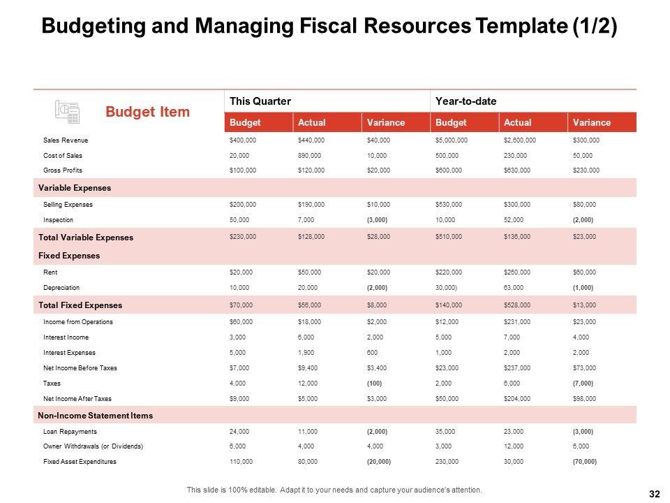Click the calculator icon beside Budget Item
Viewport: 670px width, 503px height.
(x=67, y=111)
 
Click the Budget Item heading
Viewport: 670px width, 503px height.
(x=147, y=112)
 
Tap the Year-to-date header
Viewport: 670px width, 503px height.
(x=466, y=101)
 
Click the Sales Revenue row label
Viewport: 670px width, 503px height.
(x=65, y=140)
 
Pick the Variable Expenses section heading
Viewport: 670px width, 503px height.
(x=75, y=188)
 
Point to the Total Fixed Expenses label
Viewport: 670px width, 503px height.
(x=80, y=305)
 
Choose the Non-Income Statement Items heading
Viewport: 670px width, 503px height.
(x=96, y=416)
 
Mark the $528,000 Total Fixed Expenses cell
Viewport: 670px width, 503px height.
(x=517, y=305)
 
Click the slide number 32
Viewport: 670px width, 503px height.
(x=654, y=494)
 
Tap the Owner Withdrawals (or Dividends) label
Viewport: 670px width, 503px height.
(x=93, y=446)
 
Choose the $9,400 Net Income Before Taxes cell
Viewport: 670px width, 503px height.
(x=308, y=367)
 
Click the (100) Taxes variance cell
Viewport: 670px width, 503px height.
(x=375, y=383)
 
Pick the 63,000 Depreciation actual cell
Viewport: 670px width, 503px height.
(x=514, y=287)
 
